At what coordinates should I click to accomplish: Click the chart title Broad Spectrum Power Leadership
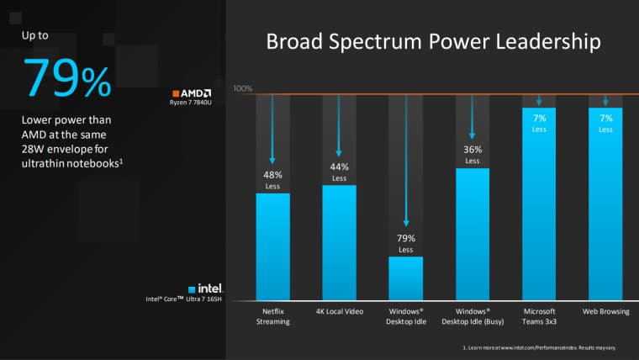click(x=433, y=43)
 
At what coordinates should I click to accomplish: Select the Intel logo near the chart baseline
click(x=210, y=287)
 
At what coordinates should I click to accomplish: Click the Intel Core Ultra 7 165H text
click(x=185, y=299)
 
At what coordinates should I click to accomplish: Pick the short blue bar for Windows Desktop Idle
click(x=405, y=278)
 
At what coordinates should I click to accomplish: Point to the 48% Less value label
click(x=272, y=180)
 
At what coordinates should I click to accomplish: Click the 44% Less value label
click(x=339, y=172)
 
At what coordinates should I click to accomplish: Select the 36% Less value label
click(x=473, y=155)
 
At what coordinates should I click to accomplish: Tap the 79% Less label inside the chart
click(x=405, y=243)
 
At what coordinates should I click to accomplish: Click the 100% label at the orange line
click(x=243, y=88)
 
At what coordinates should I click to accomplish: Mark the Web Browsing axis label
click(x=605, y=311)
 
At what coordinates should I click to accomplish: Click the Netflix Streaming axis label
click(x=272, y=315)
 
